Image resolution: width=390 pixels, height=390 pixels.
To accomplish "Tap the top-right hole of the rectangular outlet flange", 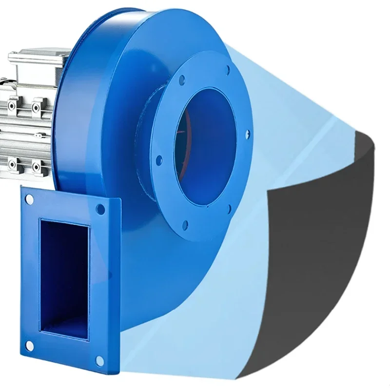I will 100,210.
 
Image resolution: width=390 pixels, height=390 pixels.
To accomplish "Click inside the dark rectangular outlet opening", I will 63,278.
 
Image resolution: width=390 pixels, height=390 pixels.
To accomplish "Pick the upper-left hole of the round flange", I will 181,79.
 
